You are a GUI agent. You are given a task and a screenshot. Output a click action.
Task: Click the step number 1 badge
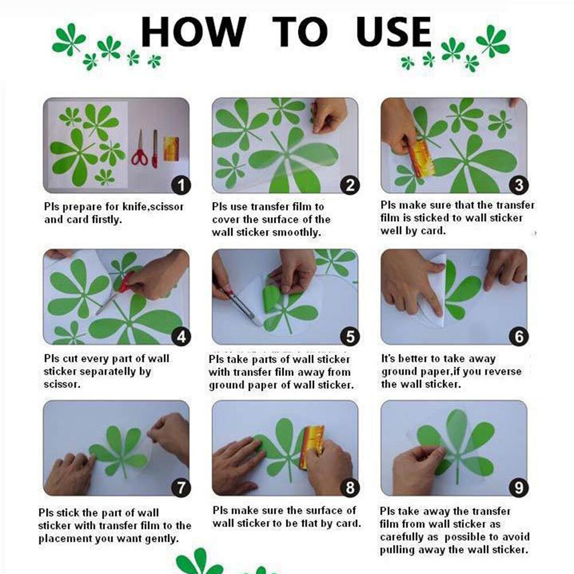pyautogui.click(x=181, y=185)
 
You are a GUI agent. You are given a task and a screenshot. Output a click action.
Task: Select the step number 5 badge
pyautogui.click(x=350, y=336)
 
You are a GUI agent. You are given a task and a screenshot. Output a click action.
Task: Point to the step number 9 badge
pyautogui.click(x=519, y=487)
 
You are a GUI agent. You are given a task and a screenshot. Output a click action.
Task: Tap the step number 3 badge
pyautogui.click(x=519, y=185)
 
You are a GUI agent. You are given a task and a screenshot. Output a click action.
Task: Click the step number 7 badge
pyautogui.click(x=181, y=487)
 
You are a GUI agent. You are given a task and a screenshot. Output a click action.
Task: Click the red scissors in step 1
pyautogui.click(x=139, y=149)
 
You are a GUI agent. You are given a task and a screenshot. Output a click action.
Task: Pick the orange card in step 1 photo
pyautogui.click(x=171, y=149)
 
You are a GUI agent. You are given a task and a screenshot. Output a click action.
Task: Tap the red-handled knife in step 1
pyautogui.click(x=155, y=149)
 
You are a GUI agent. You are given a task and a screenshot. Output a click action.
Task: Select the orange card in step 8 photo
pyautogui.click(x=312, y=447)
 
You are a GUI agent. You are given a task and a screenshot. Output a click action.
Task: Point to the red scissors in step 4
pyautogui.click(x=116, y=293)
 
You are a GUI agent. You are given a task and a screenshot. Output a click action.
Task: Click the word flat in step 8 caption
pyautogui.click(x=309, y=523)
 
